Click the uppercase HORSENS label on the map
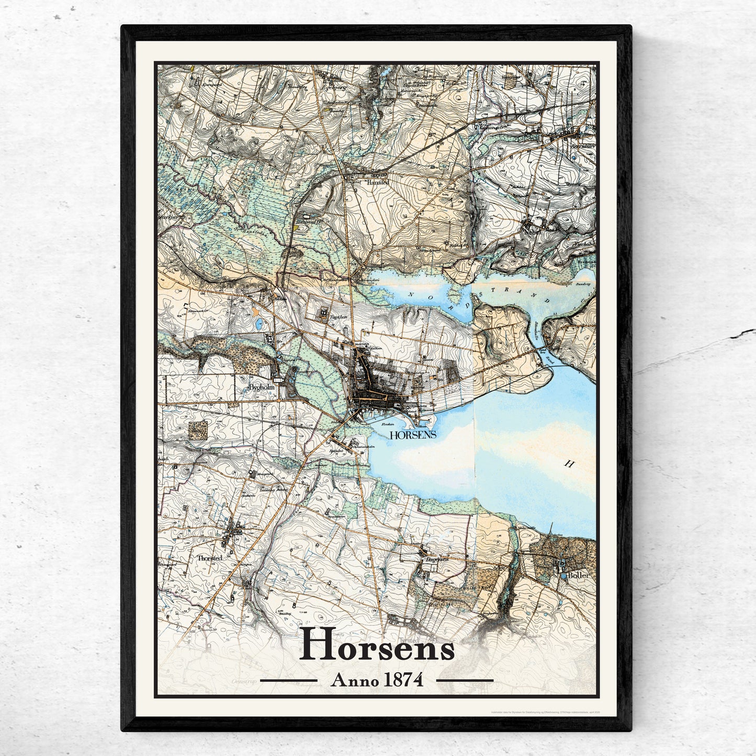coord(413,435)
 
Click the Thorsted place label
coord(210,558)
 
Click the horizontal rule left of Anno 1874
coord(289,681)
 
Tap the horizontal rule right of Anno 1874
coord(465,681)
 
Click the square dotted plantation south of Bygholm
coord(198,430)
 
